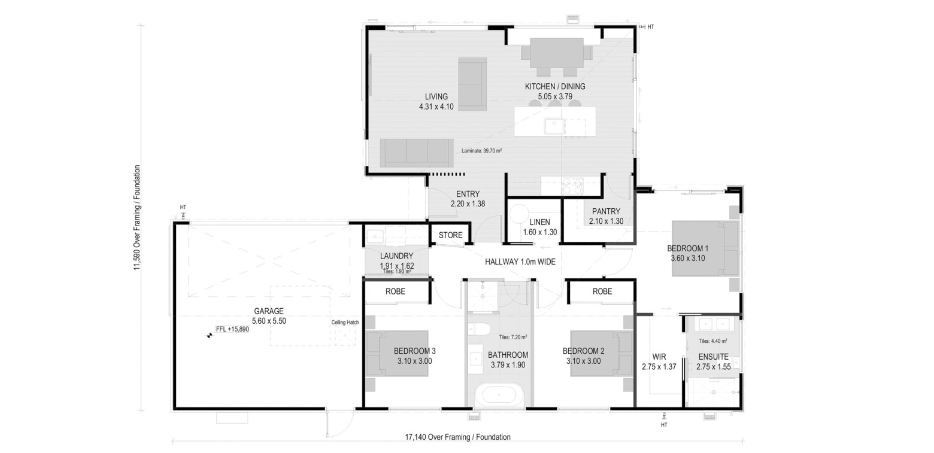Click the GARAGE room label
(269, 311)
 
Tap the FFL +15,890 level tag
(233, 329)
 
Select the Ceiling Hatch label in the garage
(345, 322)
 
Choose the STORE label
(450, 235)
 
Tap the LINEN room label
(539, 222)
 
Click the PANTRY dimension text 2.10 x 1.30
(606, 221)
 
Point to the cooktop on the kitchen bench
(572, 186)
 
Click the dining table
(556, 53)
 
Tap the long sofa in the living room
(417, 153)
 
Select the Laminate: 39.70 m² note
(481, 151)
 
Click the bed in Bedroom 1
(705, 248)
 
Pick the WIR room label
(659, 357)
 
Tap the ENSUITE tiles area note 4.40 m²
(713, 341)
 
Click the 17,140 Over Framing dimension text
(458, 437)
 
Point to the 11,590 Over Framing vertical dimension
(137, 218)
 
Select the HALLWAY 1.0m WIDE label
(520, 262)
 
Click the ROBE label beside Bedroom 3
(395, 291)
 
